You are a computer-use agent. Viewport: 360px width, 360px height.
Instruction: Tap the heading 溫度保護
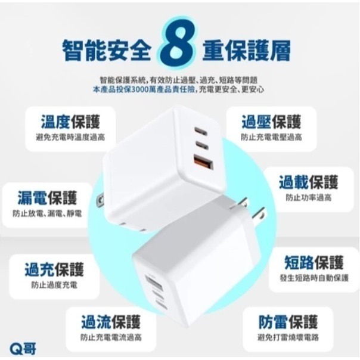(70, 122)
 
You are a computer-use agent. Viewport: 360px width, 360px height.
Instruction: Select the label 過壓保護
(271, 122)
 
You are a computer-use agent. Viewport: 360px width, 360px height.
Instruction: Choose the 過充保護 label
(54, 270)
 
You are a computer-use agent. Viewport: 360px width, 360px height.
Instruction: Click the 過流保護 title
(111, 322)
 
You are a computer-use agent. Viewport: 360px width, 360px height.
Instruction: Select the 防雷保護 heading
(288, 322)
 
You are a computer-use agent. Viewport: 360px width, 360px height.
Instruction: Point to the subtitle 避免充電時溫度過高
(70, 137)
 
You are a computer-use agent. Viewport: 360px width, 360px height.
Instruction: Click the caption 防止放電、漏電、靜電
(47, 213)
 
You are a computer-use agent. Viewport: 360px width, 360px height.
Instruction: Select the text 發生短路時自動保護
(314, 278)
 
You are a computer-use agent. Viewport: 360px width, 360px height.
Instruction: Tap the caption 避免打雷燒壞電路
(288, 337)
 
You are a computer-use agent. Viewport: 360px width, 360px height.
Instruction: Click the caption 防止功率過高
(309, 197)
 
